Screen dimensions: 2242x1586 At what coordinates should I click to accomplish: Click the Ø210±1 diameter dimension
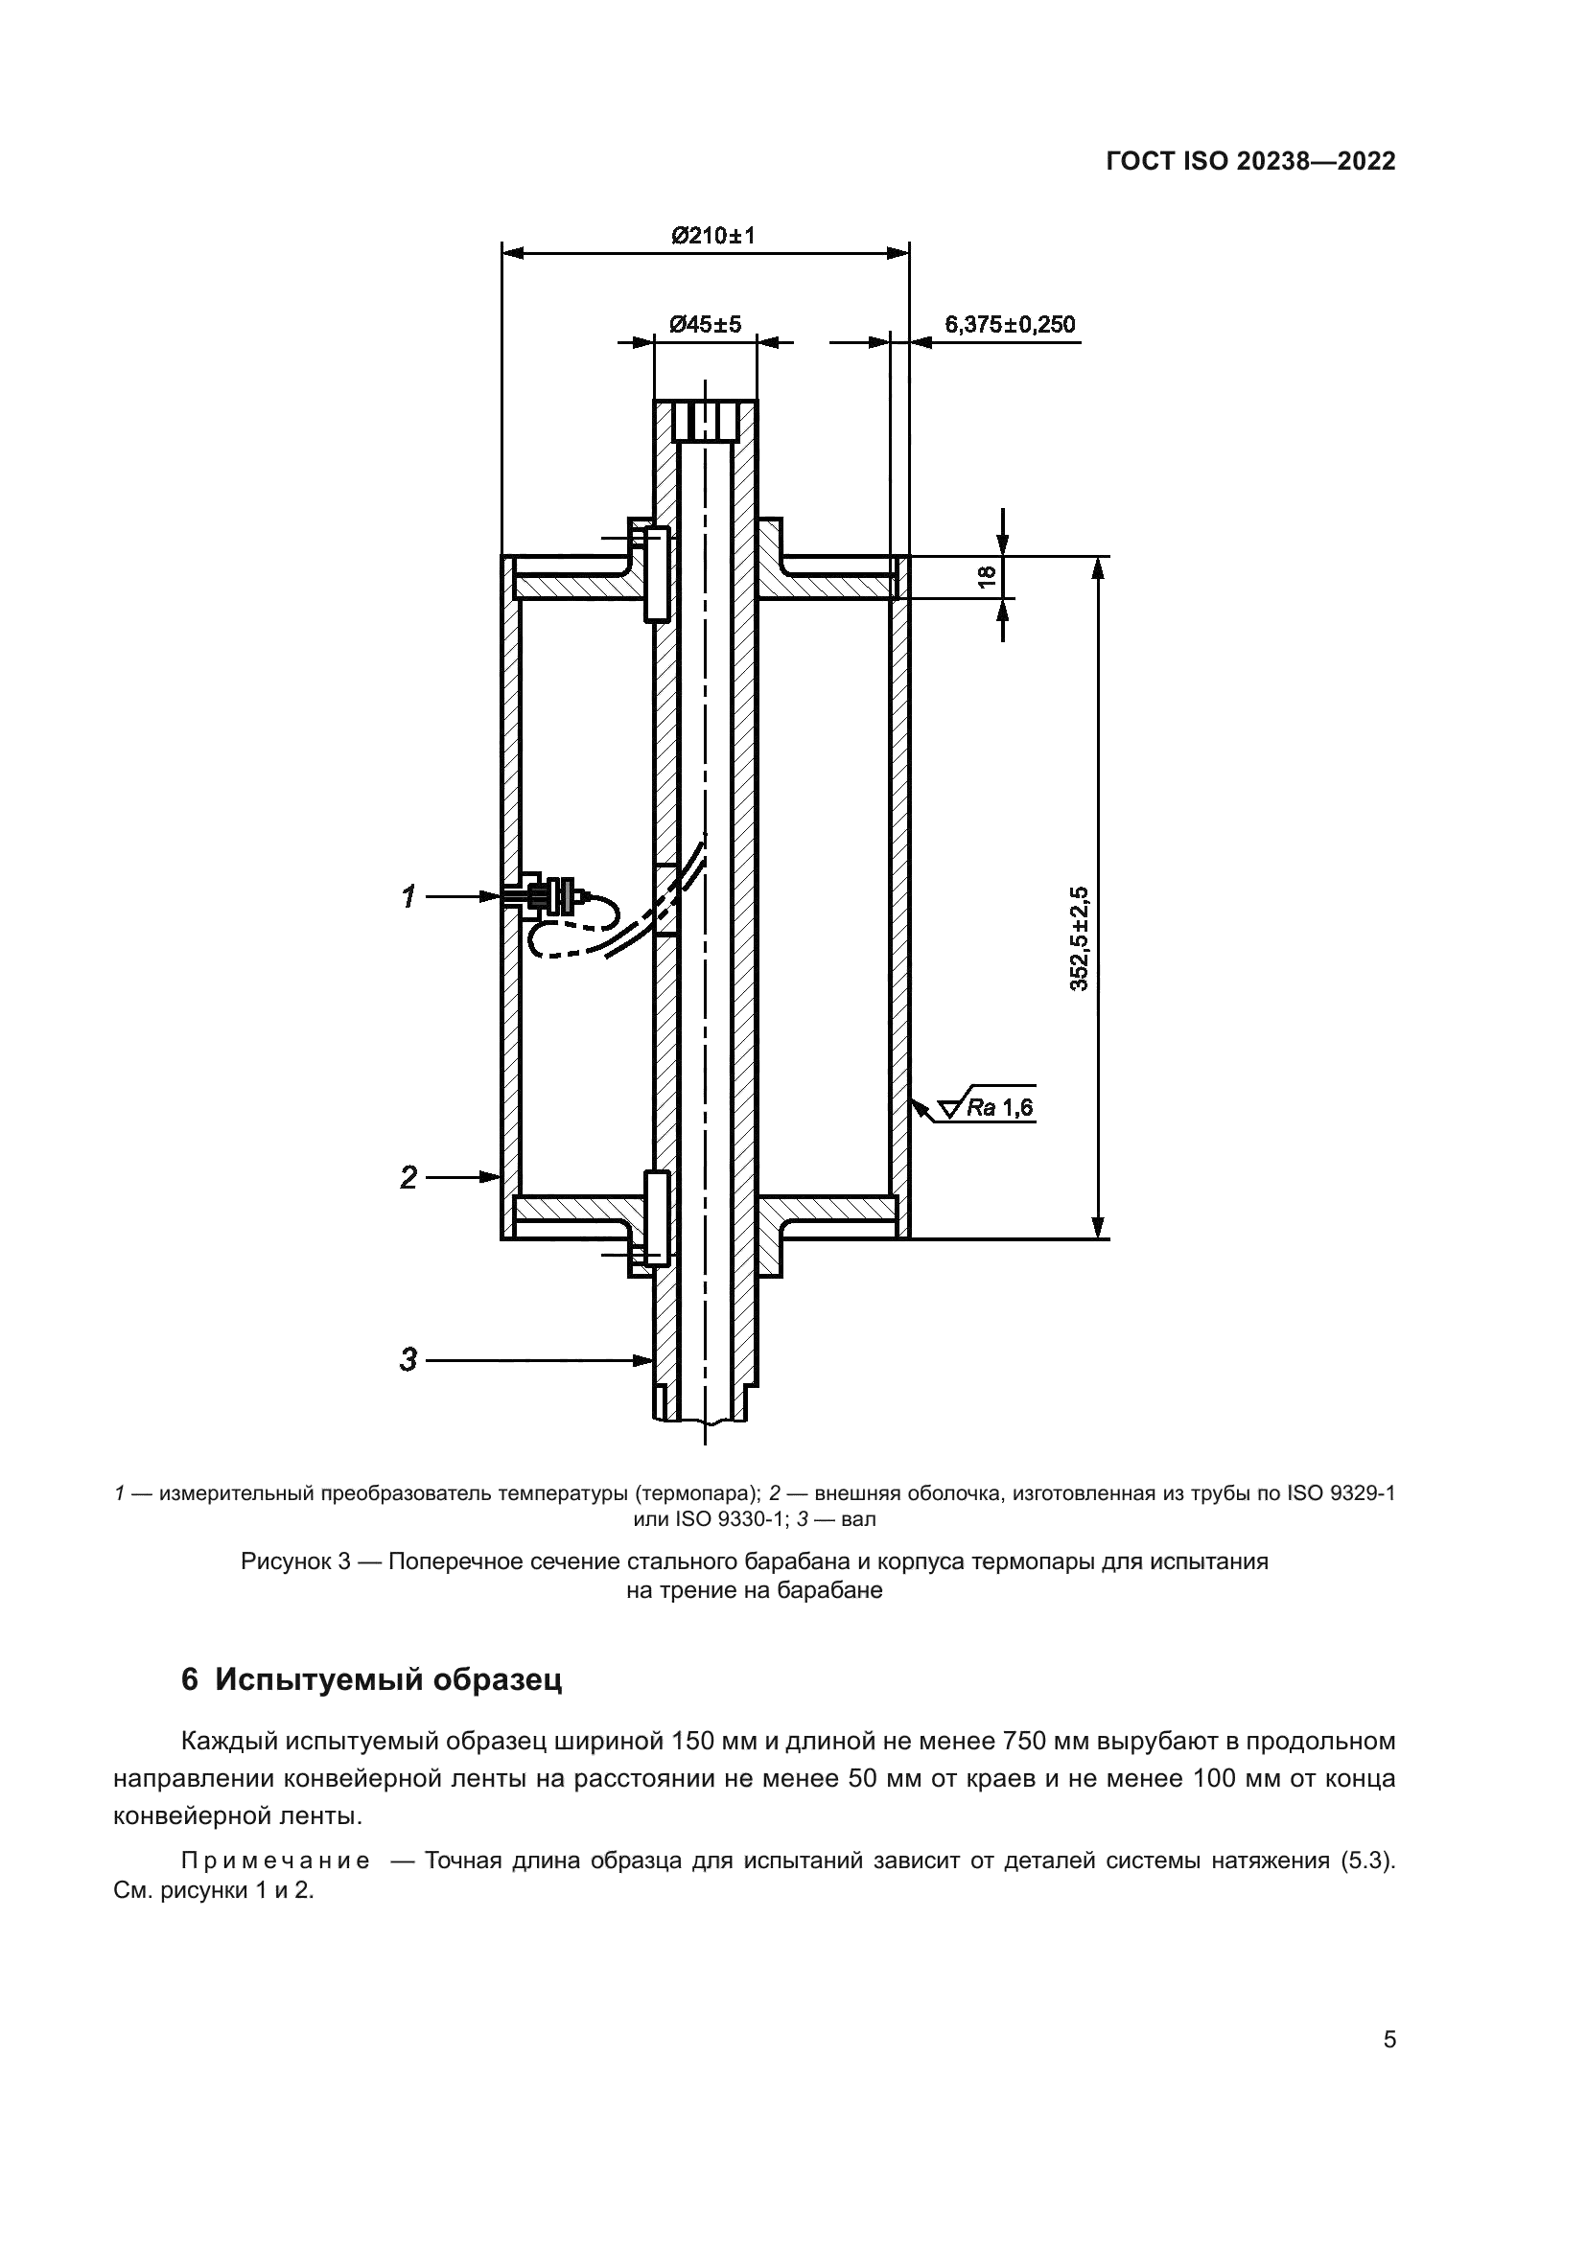(x=711, y=236)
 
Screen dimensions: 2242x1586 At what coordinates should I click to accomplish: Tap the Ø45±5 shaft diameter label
(x=705, y=323)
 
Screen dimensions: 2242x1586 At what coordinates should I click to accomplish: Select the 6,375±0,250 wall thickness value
(x=1010, y=324)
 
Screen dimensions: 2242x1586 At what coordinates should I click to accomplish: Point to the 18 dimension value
(x=989, y=576)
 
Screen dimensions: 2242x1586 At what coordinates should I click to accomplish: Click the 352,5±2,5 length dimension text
(x=1079, y=938)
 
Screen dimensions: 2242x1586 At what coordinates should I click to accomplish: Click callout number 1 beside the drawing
(x=409, y=895)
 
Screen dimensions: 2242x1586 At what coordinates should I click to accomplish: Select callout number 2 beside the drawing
(x=409, y=1177)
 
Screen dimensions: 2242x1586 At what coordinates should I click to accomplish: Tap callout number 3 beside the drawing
(x=409, y=1359)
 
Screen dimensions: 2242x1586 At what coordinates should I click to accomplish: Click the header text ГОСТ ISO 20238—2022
(x=1251, y=161)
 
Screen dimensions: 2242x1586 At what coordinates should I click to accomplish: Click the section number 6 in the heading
(x=191, y=1680)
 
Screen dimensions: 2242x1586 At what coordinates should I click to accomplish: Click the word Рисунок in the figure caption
(x=282, y=1561)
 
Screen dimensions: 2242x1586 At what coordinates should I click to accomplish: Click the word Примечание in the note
(x=275, y=1861)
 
